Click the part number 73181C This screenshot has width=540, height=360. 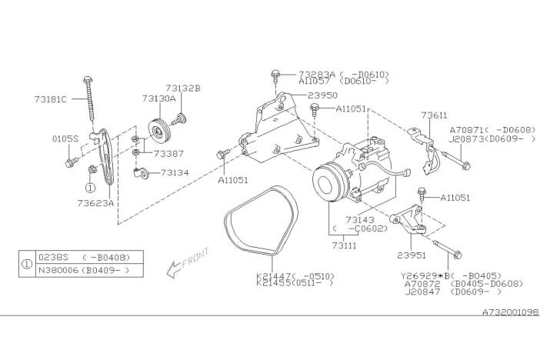tap(51, 99)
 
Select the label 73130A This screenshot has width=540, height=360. tap(158, 99)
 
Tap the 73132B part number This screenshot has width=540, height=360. tap(182, 88)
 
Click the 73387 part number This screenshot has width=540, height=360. tap(168, 154)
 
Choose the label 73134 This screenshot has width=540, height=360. tap(175, 173)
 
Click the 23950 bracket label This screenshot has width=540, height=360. tap(323, 95)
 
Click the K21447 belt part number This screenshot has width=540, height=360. tap(273, 275)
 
